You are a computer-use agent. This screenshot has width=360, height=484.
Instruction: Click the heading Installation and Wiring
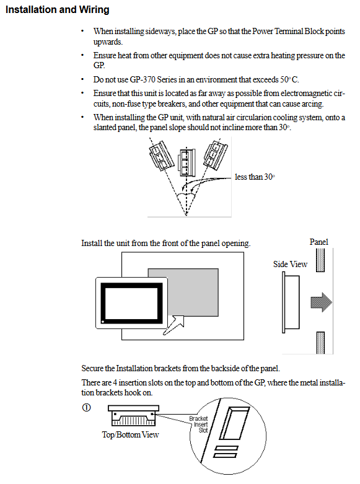58,9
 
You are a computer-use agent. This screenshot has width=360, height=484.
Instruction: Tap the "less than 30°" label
255,177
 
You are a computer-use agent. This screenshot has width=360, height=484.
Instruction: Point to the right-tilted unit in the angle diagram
215,155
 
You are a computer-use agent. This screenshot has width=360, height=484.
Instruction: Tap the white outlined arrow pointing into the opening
174,325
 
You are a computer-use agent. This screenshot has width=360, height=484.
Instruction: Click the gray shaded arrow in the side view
321,302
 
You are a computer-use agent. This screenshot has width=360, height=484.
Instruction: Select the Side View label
290,264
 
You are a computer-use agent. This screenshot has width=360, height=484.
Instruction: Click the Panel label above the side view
319,242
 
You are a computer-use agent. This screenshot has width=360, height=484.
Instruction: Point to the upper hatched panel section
320,260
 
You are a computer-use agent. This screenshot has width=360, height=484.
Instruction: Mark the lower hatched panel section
320,343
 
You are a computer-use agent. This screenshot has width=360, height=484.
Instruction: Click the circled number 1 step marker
87,407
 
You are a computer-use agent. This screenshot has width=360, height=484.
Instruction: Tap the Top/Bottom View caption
130,434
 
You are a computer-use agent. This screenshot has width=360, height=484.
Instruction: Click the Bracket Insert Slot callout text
198,424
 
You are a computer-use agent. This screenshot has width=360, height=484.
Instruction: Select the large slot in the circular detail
234,423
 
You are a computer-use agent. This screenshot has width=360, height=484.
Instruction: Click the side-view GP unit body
291,302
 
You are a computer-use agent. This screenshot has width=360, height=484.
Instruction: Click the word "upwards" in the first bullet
108,42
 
